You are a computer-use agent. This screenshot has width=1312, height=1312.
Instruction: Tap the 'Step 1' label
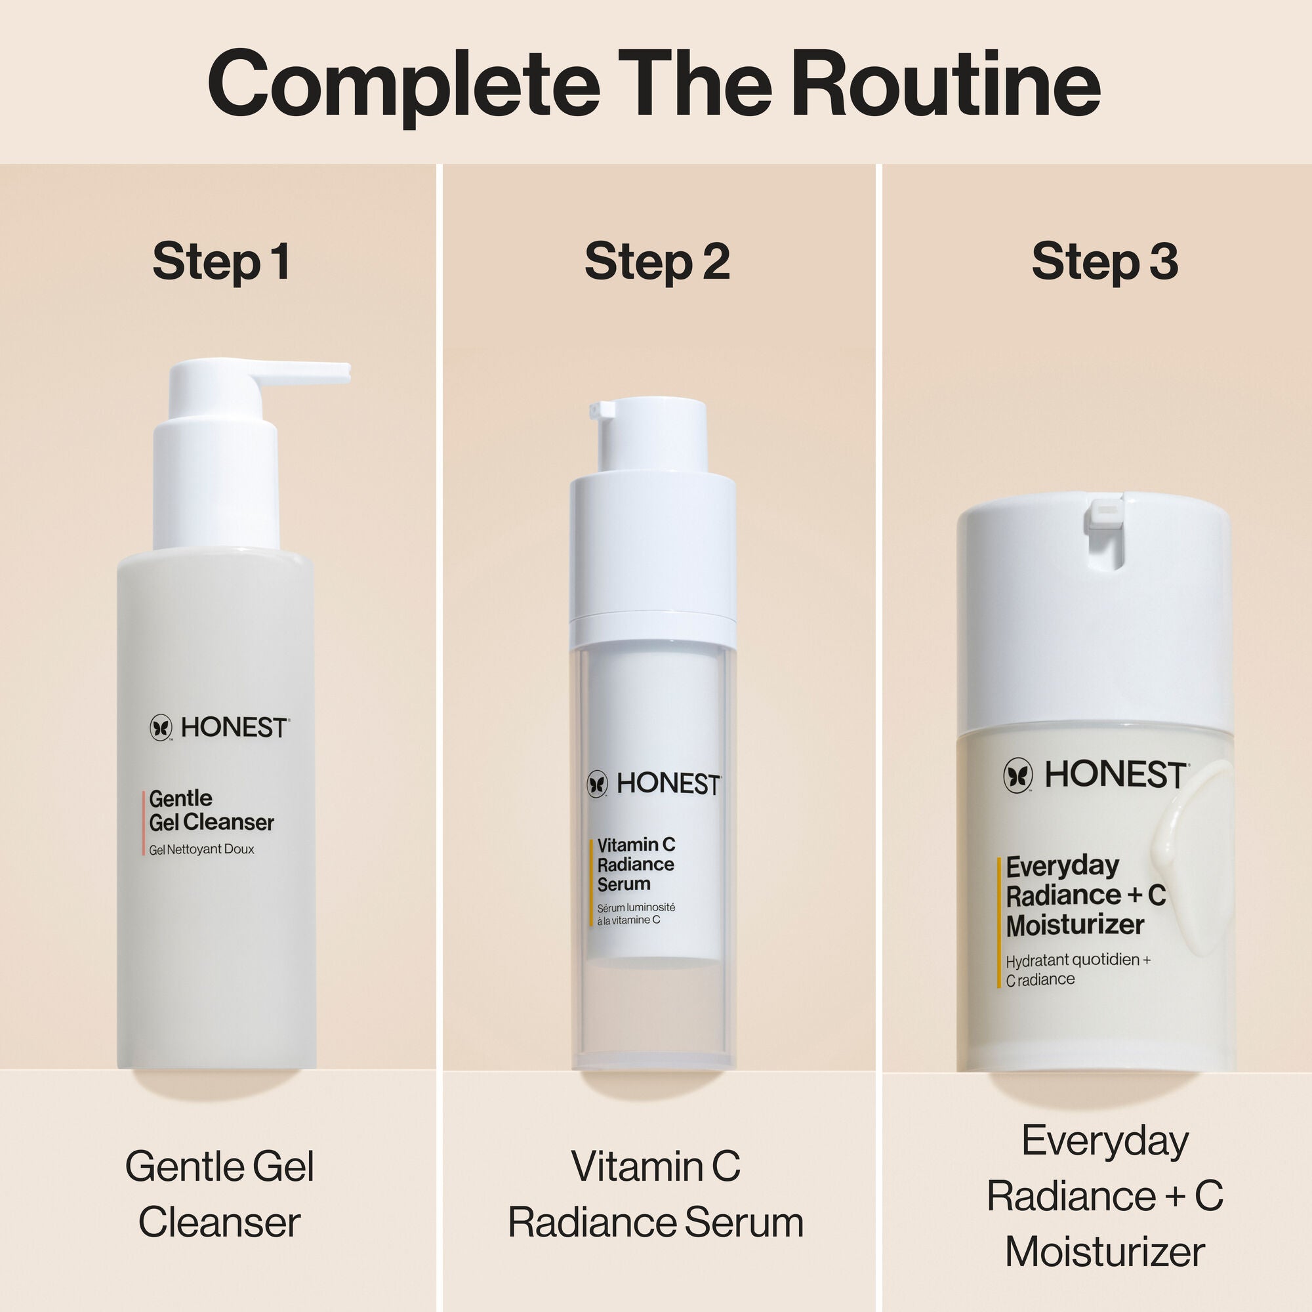point(221,262)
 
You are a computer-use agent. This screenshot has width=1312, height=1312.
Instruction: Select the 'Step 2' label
point(657,262)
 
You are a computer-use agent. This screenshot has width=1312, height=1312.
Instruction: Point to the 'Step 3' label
point(1105,262)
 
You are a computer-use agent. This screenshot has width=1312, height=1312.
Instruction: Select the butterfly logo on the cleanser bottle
point(161,728)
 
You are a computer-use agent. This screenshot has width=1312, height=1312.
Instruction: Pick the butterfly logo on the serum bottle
point(598,784)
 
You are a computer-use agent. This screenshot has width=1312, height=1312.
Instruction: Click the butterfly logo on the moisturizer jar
point(1018,775)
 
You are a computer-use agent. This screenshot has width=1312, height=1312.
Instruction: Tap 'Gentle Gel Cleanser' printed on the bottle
point(211,810)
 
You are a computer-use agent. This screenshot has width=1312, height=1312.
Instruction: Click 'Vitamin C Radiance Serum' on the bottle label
point(636,865)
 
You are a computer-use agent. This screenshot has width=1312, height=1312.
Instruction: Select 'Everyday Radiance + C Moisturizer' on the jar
point(1085,895)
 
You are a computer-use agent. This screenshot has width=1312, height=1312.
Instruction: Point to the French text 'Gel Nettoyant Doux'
point(201,850)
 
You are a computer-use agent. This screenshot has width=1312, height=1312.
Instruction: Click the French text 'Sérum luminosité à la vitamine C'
point(636,914)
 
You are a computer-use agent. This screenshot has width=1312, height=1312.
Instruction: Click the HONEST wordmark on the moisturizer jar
point(1116,775)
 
